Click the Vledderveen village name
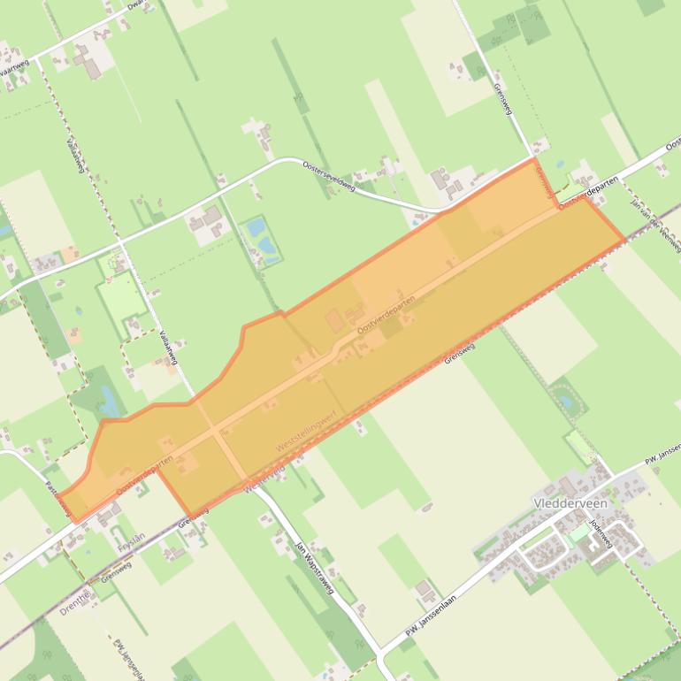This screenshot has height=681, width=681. point(571,502)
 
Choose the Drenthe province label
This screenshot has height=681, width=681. point(77,602)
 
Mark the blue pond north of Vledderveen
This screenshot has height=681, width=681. point(564,402)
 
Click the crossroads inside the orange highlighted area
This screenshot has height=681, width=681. point(217,432)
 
